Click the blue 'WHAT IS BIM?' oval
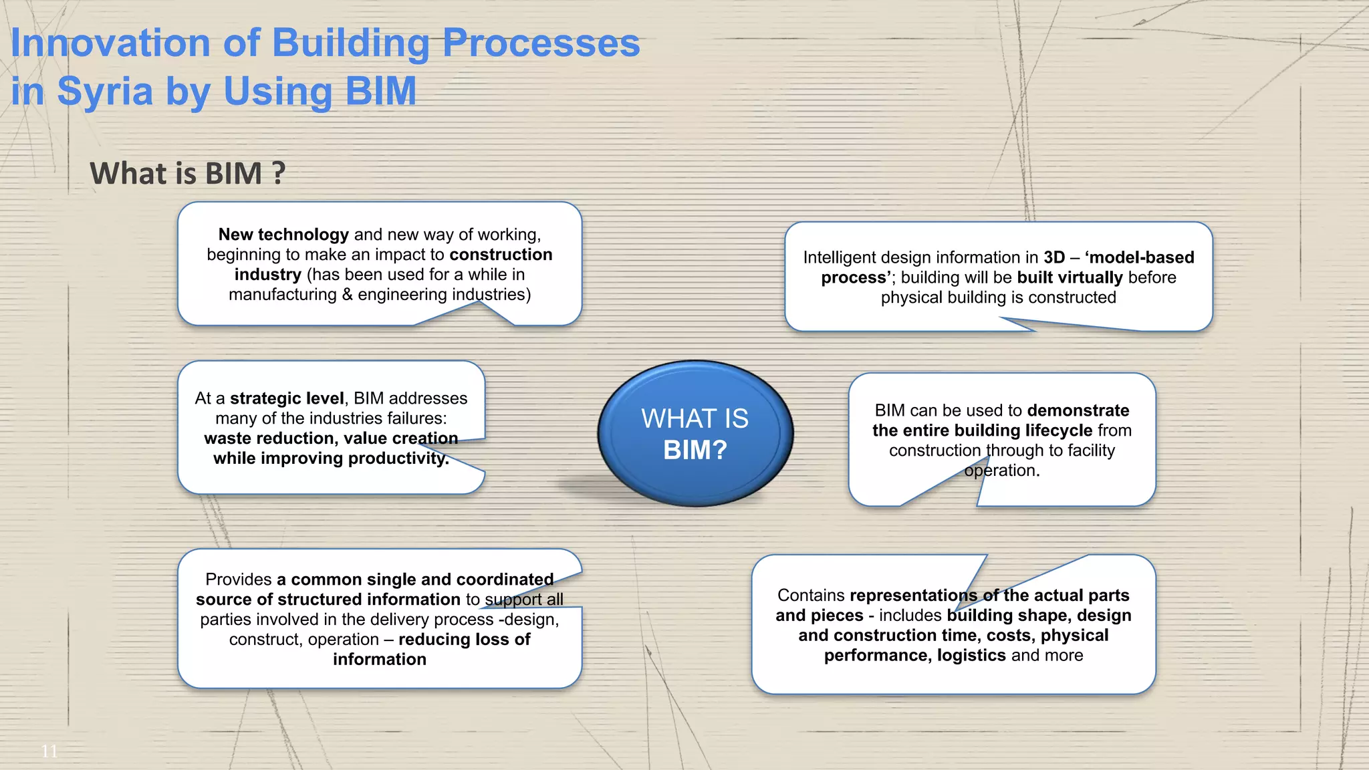(x=695, y=433)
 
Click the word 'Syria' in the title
(x=104, y=91)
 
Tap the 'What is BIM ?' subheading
(x=188, y=173)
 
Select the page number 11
(x=49, y=751)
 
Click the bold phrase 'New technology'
(x=283, y=235)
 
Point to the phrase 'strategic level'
(x=287, y=398)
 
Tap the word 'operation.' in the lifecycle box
(x=1002, y=471)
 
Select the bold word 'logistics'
(x=971, y=655)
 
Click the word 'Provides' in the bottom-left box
(x=239, y=580)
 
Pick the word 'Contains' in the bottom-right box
(x=811, y=596)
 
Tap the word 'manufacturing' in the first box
(x=283, y=295)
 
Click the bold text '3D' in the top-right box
(x=1054, y=257)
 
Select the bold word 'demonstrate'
(x=1078, y=410)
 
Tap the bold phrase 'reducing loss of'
(x=464, y=640)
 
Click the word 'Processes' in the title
(x=541, y=43)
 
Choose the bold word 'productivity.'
(x=398, y=459)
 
